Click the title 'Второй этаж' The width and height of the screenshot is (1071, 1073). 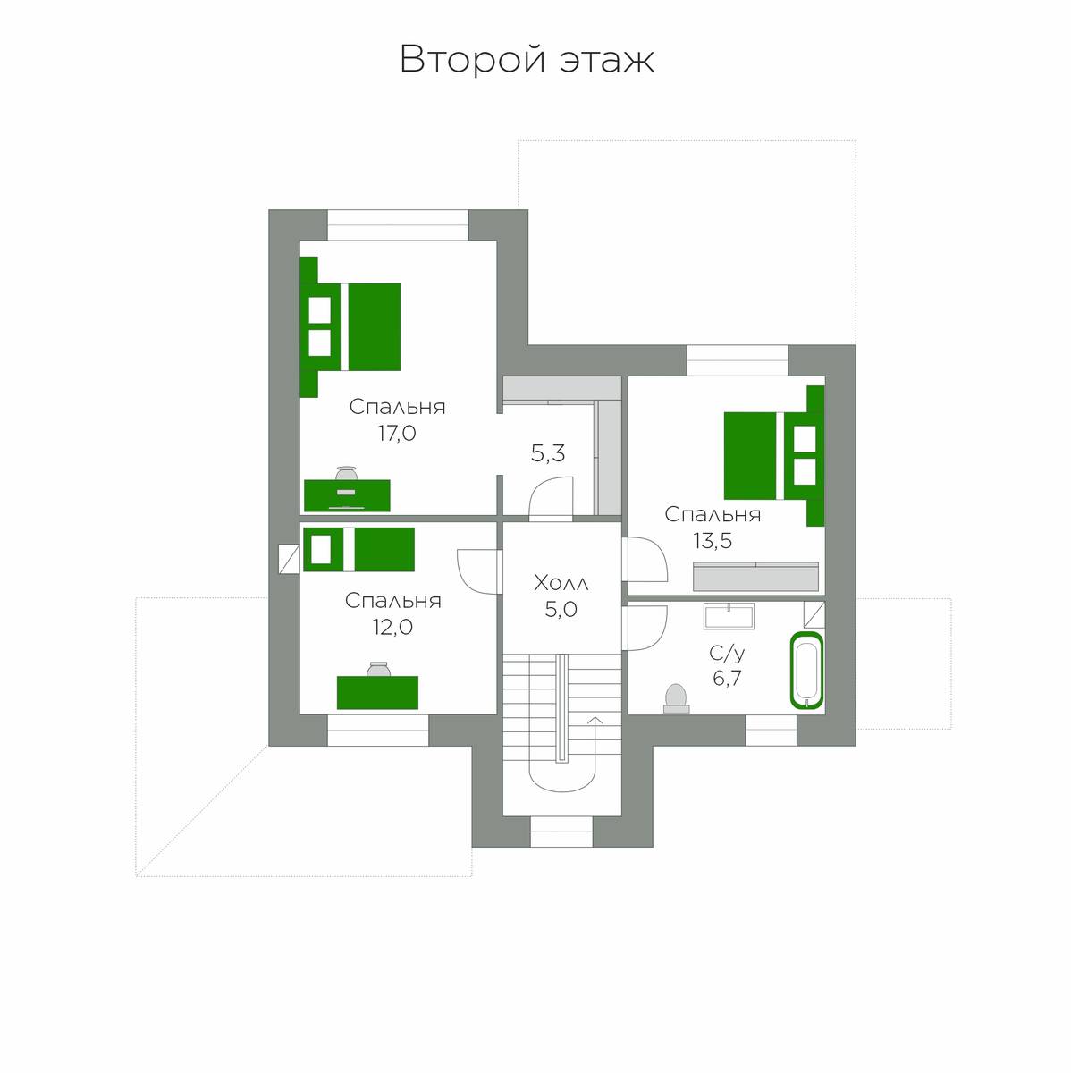click(x=527, y=59)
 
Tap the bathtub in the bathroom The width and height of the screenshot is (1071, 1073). click(x=805, y=671)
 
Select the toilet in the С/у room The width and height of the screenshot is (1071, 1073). click(x=676, y=697)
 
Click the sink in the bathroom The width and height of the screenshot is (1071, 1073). click(x=729, y=616)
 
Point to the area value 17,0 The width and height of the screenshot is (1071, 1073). click(x=397, y=433)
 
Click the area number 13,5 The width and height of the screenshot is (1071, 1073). click(x=713, y=540)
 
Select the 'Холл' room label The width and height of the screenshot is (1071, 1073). click(x=561, y=583)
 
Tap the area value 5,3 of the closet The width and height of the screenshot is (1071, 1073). click(x=548, y=453)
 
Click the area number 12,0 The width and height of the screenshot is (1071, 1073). click(x=392, y=627)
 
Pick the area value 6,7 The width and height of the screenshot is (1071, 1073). click(x=727, y=678)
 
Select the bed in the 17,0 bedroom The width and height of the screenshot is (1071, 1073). click(x=350, y=327)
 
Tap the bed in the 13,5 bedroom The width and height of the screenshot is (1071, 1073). click(x=774, y=455)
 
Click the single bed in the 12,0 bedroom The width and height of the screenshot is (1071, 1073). click(x=358, y=549)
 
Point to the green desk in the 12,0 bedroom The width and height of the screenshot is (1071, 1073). click(x=377, y=693)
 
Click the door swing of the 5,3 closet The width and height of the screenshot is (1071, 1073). click(x=551, y=498)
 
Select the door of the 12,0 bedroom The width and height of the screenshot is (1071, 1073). click(x=479, y=572)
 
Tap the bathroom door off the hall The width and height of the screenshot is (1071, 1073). click(x=645, y=628)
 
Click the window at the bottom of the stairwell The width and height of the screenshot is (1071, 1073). click(x=561, y=832)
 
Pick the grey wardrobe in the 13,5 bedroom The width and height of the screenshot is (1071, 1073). click(x=755, y=577)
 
